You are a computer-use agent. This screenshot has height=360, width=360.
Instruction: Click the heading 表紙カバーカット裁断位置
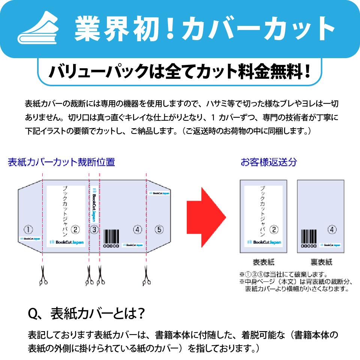click(x=61, y=162)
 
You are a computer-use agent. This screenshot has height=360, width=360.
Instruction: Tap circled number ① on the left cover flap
click(x=28, y=229)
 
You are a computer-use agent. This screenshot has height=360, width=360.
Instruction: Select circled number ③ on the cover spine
click(x=94, y=229)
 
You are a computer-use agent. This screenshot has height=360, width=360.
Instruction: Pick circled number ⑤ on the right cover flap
click(x=159, y=229)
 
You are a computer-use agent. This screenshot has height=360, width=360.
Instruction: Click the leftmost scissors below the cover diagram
click(x=43, y=276)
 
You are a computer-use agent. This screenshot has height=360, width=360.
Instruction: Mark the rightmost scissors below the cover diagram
click(x=146, y=276)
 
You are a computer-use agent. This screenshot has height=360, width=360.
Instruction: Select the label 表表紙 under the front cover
click(x=264, y=262)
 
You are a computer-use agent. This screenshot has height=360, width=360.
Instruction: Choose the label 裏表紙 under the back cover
click(x=321, y=262)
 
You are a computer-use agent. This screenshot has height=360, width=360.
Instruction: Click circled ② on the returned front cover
click(x=274, y=229)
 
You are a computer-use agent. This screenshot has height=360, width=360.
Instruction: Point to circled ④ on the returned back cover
click(x=332, y=229)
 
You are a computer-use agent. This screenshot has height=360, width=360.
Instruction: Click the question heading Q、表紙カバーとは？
click(x=86, y=314)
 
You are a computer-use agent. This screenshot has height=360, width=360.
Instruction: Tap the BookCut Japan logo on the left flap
click(x=30, y=238)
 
